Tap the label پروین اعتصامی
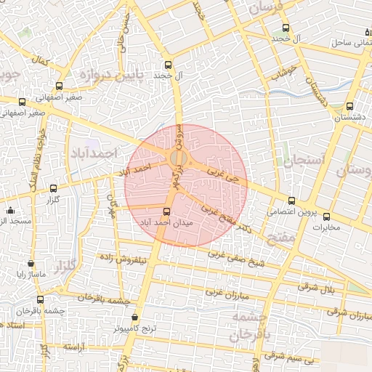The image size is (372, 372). pos(291,212)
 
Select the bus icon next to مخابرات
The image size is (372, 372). pos(326,216)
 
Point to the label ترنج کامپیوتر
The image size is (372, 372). pos(135,328)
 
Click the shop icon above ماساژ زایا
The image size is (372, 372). pos(31,263)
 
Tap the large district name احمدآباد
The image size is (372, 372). pos(94,154)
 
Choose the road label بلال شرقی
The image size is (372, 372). pos(318,286)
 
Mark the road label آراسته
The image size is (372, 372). pos(75,347)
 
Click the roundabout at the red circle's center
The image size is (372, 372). pos(178,158)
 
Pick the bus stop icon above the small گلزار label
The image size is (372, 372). pos(53,188)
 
